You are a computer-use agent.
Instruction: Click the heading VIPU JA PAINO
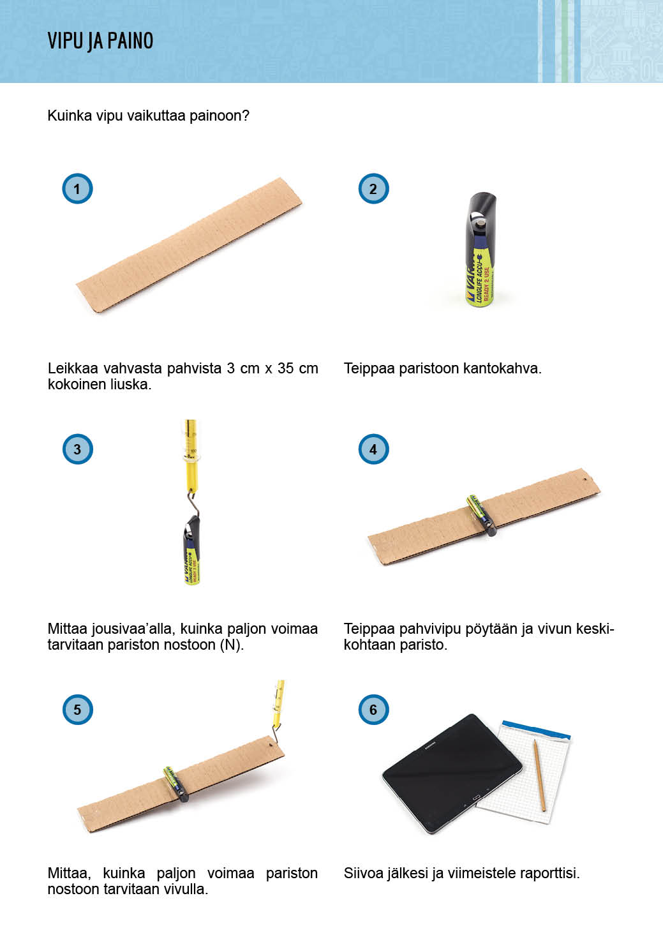pyautogui.click(x=100, y=41)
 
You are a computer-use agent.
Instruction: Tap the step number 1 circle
pyautogui.click(x=77, y=188)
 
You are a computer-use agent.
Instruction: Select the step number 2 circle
pyautogui.click(x=373, y=188)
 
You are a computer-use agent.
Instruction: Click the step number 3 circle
pyautogui.click(x=77, y=449)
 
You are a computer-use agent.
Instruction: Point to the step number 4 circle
pyautogui.click(x=373, y=449)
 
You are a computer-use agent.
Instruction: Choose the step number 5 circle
pyautogui.click(x=77, y=710)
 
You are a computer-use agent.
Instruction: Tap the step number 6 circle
pyautogui.click(x=373, y=710)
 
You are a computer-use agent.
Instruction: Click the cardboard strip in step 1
pyautogui.click(x=189, y=244)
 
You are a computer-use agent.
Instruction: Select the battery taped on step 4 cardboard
pyautogui.click(x=481, y=515)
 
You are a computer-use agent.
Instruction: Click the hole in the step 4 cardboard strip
pyautogui.click(x=585, y=479)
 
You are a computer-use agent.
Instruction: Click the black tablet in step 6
pyautogui.click(x=452, y=773)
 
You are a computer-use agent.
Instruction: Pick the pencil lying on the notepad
pyautogui.click(x=539, y=775)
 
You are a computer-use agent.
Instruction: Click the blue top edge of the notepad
pyautogui.click(x=536, y=729)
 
